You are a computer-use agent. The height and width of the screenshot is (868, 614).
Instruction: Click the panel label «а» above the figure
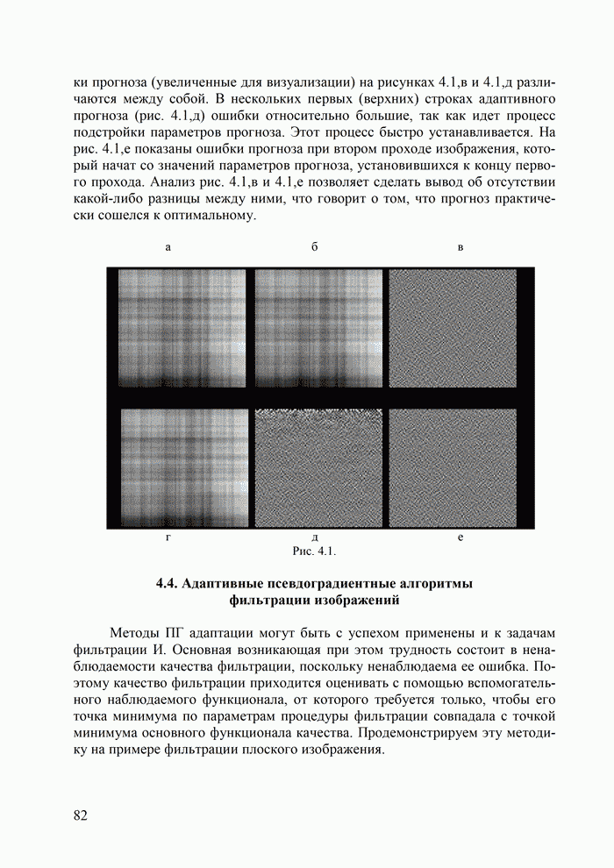click(168, 248)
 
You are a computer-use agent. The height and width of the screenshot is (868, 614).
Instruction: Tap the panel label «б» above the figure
click(314, 248)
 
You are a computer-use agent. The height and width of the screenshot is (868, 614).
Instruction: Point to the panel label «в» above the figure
click(460, 248)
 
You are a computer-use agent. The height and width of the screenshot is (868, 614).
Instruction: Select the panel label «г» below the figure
click(168, 537)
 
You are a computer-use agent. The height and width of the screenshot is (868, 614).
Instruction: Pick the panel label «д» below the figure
click(314, 537)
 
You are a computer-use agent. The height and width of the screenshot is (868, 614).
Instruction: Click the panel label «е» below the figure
click(460, 537)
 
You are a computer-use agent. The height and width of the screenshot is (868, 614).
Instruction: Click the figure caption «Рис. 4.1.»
click(314, 551)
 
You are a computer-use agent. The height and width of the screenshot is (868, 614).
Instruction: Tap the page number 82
click(81, 815)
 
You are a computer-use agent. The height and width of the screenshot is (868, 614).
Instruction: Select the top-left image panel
click(182, 329)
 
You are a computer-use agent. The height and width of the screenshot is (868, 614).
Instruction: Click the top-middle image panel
click(318, 329)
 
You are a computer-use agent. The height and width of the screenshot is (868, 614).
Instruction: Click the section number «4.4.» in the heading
click(168, 585)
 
